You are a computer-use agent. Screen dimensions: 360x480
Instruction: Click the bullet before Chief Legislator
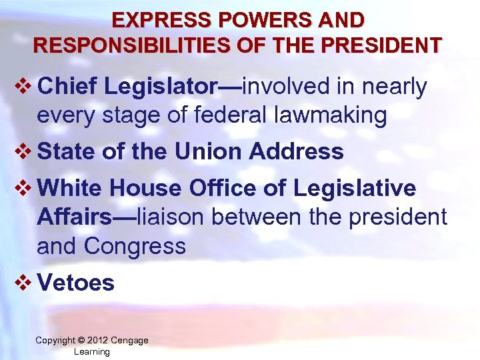22,87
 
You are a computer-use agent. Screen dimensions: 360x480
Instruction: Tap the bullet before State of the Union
22,152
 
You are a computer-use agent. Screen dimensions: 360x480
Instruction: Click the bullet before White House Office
22,189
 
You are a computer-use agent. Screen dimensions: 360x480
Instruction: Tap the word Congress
134,246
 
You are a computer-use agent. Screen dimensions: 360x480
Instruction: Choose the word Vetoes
77,283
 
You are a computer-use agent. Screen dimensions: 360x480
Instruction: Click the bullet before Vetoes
22,283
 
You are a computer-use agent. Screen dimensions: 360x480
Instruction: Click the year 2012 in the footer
99,341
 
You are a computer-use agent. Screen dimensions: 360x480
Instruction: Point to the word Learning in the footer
92,351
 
